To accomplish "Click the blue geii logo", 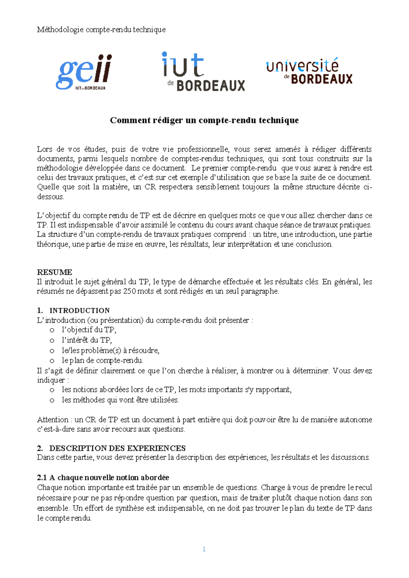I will click(84, 72).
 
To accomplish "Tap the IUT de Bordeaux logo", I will click(203, 72).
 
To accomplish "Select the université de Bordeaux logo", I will click(309, 71).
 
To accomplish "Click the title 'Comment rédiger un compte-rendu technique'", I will click(204, 120).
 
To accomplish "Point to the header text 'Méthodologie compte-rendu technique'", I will click(101, 30).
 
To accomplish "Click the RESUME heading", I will click(55, 272).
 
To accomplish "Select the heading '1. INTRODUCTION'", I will click(73, 310).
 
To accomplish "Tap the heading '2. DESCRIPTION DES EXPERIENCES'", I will click(111, 448).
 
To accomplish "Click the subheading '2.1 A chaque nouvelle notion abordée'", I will click(103, 477).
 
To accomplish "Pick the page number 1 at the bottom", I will click(204, 549).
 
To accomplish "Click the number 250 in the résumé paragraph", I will click(129, 291).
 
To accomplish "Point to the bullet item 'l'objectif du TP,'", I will click(89, 330).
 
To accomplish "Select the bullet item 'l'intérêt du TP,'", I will click(87, 340).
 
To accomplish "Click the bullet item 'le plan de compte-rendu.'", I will click(102, 360).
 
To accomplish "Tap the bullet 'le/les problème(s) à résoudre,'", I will click(110, 350).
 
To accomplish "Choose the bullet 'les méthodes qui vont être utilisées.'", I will click(120, 400).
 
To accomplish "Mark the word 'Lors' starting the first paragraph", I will click(44, 149).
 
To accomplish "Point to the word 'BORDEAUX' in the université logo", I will click(321, 79).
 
